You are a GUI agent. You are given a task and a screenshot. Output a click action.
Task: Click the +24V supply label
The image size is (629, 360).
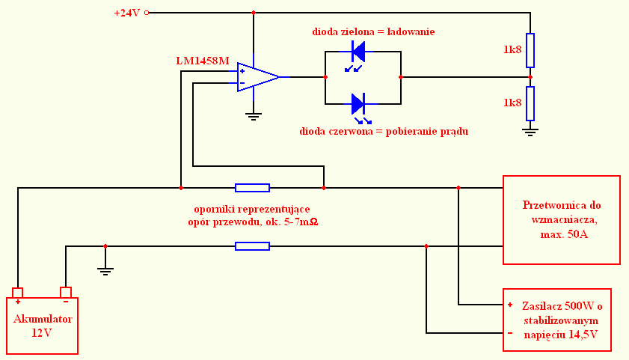(x=127, y=13)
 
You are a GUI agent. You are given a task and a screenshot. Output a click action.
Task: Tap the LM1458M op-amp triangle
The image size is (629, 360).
(x=257, y=77)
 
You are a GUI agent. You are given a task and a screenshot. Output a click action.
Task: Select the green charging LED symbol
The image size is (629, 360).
(x=356, y=55)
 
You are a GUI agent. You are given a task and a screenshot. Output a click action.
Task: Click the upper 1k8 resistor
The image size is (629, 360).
(x=530, y=51)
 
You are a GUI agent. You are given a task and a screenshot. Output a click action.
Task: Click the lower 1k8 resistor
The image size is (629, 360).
(x=530, y=103)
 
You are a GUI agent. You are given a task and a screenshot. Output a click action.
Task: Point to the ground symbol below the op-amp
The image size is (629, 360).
(x=253, y=117)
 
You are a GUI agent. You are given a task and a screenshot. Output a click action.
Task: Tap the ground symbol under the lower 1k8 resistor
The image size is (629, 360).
(x=530, y=132)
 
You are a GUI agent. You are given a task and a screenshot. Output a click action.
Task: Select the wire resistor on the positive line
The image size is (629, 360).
(x=252, y=188)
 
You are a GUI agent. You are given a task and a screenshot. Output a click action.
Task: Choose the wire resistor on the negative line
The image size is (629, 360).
(x=252, y=246)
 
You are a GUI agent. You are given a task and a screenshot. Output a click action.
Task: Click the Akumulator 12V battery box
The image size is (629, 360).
(x=42, y=326)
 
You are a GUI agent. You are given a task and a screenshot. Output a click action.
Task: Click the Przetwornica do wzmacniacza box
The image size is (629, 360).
(x=562, y=220)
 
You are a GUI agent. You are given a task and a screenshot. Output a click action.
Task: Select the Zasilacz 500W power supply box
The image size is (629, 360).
(x=557, y=320)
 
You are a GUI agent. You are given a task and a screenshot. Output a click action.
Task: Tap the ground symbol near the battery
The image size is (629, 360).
(x=105, y=271)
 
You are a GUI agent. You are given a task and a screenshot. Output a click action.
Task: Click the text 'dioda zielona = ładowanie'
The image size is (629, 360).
(x=373, y=31)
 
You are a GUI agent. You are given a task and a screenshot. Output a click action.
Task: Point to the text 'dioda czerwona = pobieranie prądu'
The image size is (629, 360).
(x=384, y=132)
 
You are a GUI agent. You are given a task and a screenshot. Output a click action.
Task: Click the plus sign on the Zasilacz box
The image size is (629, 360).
(x=510, y=305)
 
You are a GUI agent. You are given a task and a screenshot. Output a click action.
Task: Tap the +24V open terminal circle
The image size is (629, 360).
(x=147, y=13)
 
